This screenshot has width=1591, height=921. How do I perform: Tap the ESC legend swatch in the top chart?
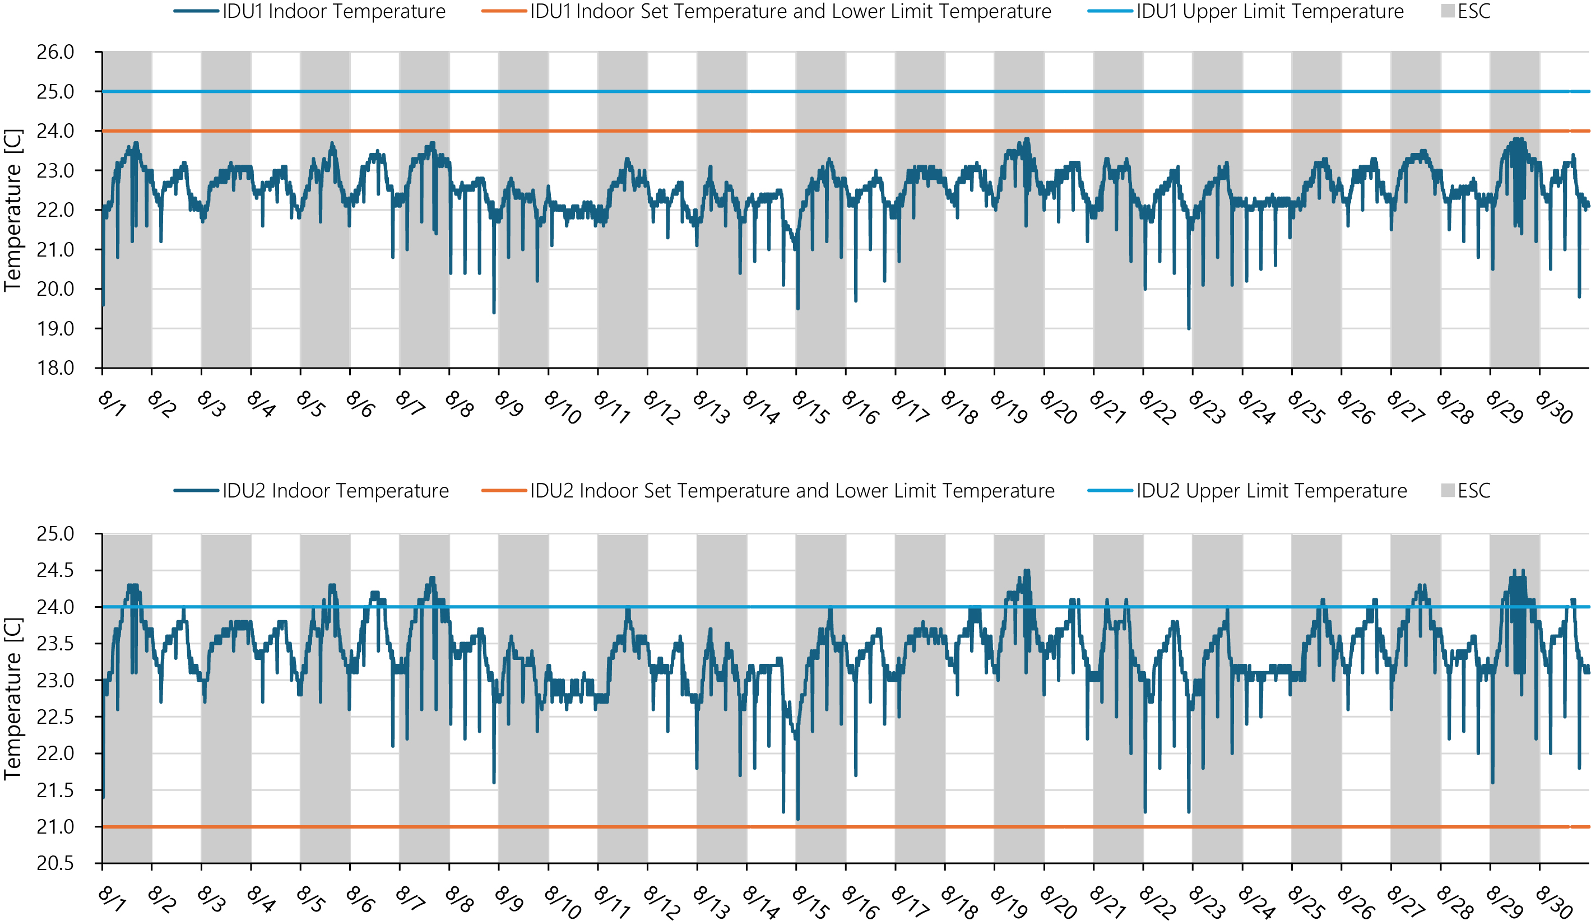tap(1448, 11)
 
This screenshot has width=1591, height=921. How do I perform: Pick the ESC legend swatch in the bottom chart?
tap(1448, 491)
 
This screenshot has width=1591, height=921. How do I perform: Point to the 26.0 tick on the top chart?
tap(55, 53)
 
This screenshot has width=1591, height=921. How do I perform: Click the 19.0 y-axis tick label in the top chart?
tap(55, 329)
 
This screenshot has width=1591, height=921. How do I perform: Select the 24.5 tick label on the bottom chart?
tap(55, 571)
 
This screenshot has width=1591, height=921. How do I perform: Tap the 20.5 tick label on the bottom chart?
tap(55, 863)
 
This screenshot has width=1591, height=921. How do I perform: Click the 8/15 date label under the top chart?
tap(810, 407)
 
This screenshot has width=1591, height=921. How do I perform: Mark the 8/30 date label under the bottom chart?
tap(1554, 903)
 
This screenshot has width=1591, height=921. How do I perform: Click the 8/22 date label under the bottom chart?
tap(1157, 903)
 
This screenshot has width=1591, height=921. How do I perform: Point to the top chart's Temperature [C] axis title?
tap(13, 210)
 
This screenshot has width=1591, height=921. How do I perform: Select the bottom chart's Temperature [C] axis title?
tap(13, 699)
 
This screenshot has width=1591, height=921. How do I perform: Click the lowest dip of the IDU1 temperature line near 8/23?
tap(1189, 328)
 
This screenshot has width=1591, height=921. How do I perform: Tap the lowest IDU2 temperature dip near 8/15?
tap(798, 818)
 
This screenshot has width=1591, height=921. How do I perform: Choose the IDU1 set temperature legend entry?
tap(790, 11)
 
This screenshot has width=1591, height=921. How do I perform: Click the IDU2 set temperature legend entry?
tap(792, 491)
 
